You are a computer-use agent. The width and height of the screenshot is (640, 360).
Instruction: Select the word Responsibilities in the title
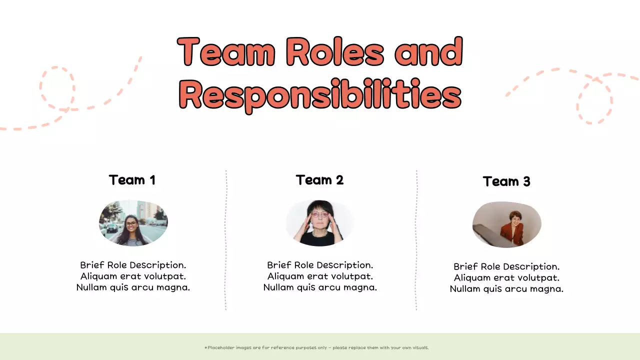(320, 94)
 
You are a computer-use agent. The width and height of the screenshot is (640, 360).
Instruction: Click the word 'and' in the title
(428, 52)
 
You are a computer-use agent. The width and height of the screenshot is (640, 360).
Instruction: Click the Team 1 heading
(132, 180)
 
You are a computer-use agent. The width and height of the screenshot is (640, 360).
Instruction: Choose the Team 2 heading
(319, 180)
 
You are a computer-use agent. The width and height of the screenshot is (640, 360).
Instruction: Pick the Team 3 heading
(506, 181)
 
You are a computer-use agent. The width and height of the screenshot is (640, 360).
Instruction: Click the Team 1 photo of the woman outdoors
(133, 223)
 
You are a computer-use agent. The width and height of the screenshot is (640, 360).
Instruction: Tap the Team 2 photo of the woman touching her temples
(320, 223)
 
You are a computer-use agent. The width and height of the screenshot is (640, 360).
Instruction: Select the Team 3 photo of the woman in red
(506, 224)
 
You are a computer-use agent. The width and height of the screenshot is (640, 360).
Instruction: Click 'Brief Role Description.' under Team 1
(133, 265)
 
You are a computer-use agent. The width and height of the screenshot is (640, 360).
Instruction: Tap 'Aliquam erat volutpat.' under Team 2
(320, 276)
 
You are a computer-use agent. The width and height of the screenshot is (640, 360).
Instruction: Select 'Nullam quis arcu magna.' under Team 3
(506, 288)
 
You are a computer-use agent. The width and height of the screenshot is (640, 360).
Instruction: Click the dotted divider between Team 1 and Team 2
(226, 240)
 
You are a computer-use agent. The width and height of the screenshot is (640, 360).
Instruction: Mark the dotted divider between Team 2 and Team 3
(416, 240)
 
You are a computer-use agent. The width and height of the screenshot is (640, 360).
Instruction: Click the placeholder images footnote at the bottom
(317, 347)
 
